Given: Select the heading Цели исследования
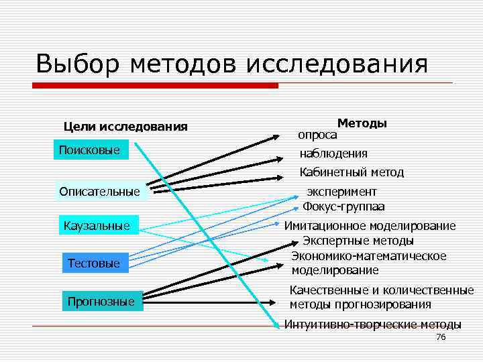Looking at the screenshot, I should (125, 127).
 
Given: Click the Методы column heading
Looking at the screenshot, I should (362, 123).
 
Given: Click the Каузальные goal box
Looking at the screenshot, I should (97, 225).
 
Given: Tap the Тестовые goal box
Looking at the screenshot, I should (94, 263).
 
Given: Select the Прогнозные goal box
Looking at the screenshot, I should (101, 302).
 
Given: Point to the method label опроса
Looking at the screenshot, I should (317, 135).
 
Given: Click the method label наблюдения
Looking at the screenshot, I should (333, 154).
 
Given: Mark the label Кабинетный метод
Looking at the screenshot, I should (352, 172).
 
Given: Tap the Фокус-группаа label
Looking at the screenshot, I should (343, 206).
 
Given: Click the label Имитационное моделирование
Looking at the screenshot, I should (370, 226).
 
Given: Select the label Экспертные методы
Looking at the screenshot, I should (358, 241).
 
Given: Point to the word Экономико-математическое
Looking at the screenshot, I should (369, 256).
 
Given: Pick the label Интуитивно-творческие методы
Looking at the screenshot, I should (372, 325).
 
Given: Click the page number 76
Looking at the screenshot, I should (441, 337).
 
